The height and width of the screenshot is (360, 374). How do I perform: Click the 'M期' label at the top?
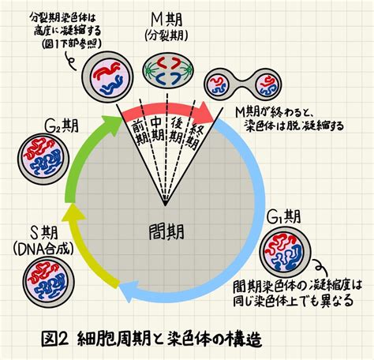pyautogui.click(x=166, y=20)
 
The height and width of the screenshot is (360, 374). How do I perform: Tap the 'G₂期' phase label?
pyautogui.click(x=62, y=126)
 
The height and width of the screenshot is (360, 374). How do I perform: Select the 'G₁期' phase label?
pyautogui.click(x=284, y=217)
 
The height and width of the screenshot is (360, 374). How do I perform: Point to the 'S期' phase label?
pyautogui.click(x=43, y=233)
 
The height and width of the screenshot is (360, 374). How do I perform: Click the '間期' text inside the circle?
pyautogui.click(x=166, y=232)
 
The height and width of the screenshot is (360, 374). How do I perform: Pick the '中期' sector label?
pyautogui.click(x=157, y=129)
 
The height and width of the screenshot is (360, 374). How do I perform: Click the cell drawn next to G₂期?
pyautogui.click(x=43, y=159)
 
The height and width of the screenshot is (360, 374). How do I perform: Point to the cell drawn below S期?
pyautogui.click(x=48, y=283)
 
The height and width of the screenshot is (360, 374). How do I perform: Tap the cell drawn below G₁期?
pyautogui.click(x=285, y=251)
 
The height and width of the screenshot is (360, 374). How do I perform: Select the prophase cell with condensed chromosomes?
pyautogui.click(x=107, y=78)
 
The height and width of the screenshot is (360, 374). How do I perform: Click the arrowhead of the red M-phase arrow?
pyautogui.click(x=208, y=113)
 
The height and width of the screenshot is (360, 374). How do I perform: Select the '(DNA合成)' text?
pyautogui.click(x=43, y=249)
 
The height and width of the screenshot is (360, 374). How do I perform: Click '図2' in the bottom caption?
pyautogui.click(x=54, y=339)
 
